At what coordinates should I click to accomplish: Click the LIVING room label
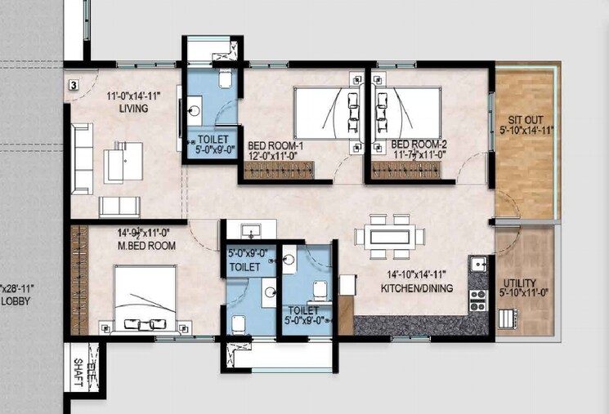click(x=133, y=108)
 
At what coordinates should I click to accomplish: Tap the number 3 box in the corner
click(x=73, y=84)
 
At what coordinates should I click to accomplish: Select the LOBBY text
click(x=15, y=300)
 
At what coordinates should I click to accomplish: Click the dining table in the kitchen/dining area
click(x=390, y=237)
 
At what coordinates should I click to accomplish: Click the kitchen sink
click(x=477, y=265)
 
